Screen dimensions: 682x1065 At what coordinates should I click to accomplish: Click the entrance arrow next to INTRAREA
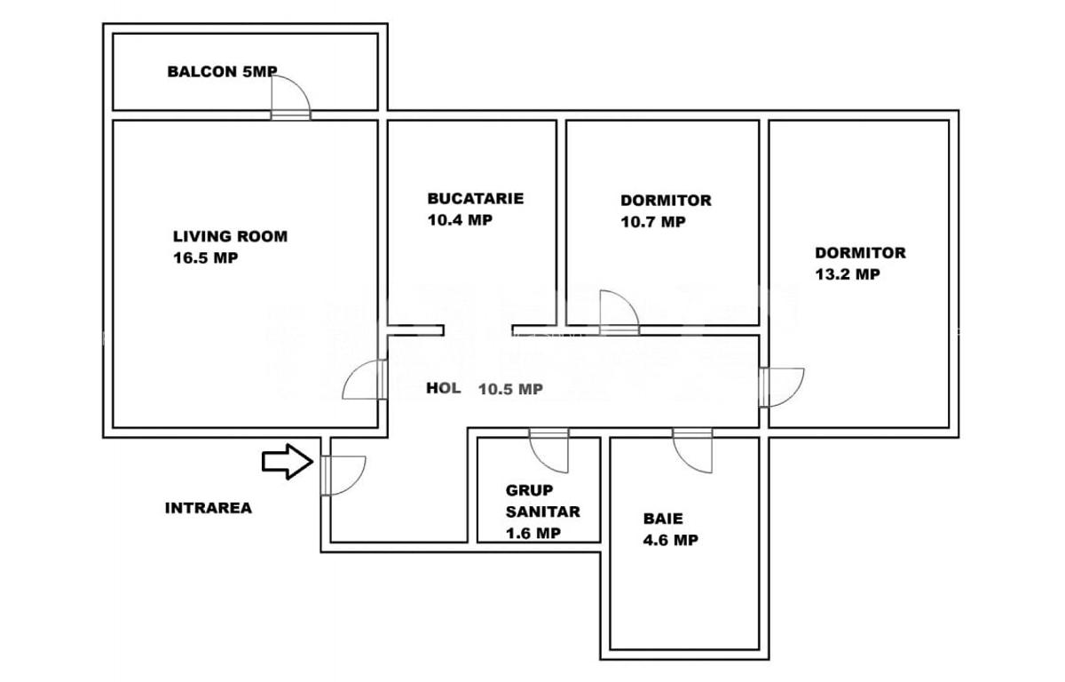[x=287, y=463]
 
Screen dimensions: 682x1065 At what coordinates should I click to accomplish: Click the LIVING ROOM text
[x=230, y=236]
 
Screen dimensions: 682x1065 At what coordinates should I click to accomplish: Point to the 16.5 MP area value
[x=206, y=258]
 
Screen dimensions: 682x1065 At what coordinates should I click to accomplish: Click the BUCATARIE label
[x=475, y=198]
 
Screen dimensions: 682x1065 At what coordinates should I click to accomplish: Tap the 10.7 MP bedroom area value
[x=653, y=222]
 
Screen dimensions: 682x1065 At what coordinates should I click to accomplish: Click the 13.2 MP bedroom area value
[x=848, y=274]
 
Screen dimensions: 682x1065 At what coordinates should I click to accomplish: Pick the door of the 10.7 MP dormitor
[x=619, y=313]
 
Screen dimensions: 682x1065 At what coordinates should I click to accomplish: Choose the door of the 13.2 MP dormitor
[x=780, y=386]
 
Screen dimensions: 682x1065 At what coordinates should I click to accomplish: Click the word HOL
[x=443, y=388]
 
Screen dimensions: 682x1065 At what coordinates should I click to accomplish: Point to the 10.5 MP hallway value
[x=510, y=388]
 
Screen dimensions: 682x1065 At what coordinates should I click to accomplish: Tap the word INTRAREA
[x=209, y=508]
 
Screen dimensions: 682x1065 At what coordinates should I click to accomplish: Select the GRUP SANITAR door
[x=548, y=450]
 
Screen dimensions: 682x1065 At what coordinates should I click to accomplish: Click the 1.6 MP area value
[x=532, y=533]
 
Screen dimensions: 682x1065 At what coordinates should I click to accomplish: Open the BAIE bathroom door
[x=692, y=450]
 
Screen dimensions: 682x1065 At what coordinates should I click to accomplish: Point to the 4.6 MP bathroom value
[x=669, y=539]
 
